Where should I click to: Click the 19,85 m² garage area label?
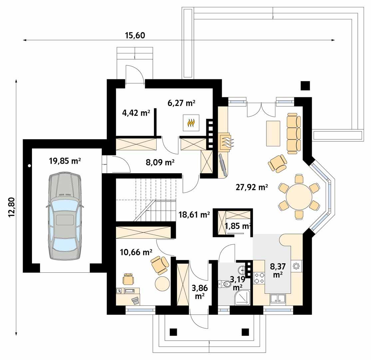(x=65, y=161)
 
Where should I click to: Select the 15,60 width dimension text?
(x=135, y=35)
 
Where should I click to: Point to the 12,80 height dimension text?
(x=12, y=207)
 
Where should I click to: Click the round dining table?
(x=299, y=196)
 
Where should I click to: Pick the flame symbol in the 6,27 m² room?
(x=191, y=123)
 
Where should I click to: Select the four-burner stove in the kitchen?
(x=259, y=279)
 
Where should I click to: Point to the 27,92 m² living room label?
(x=252, y=187)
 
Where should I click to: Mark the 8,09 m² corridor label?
(x=160, y=163)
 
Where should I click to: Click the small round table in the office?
(x=162, y=283)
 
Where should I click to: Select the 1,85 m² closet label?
(x=237, y=226)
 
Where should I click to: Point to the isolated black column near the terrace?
(x=305, y=86)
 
